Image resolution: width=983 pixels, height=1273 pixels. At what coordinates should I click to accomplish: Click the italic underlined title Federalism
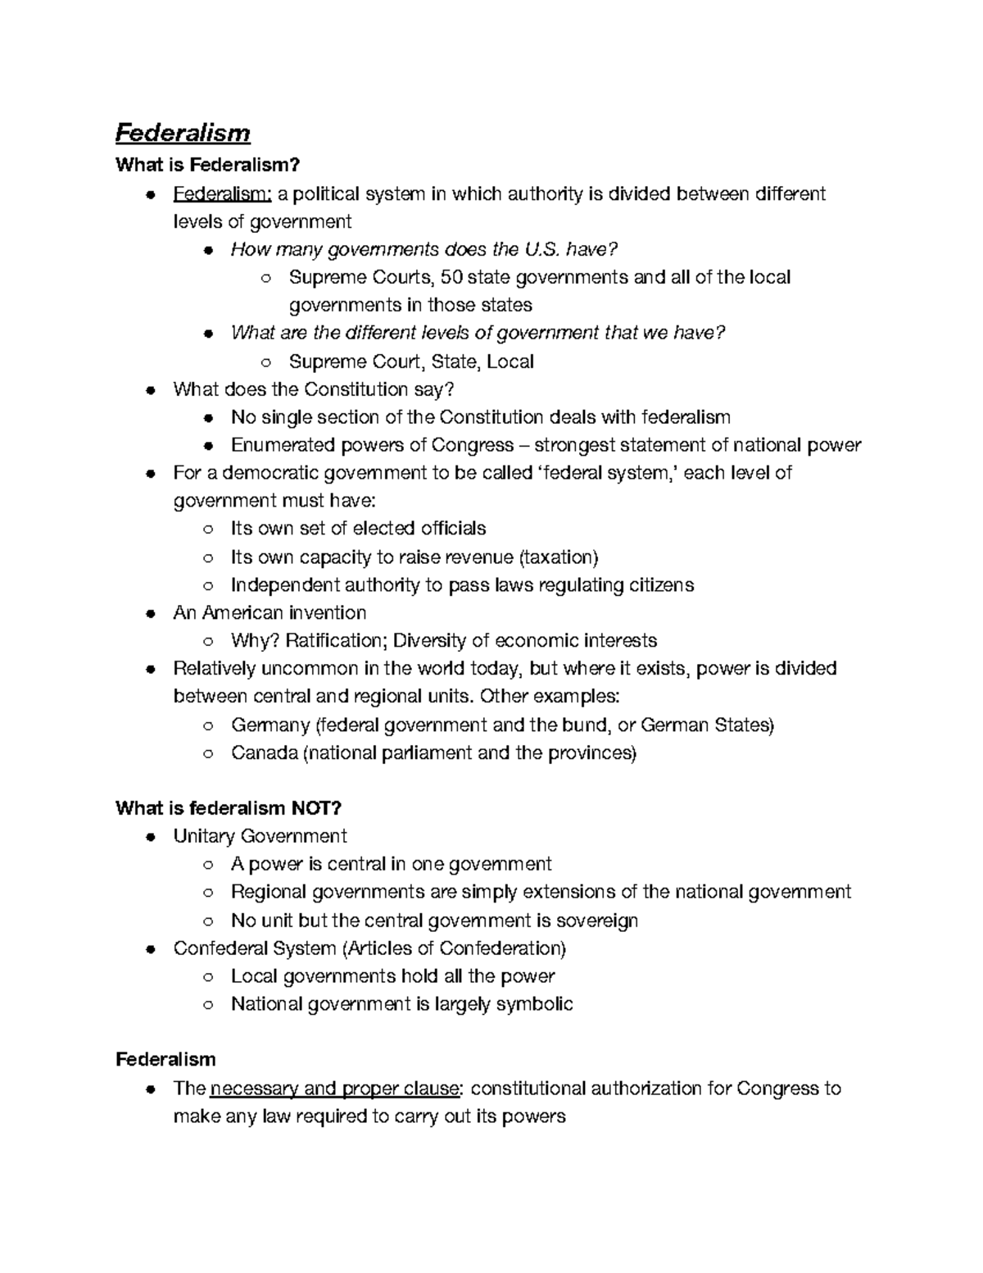point(182,133)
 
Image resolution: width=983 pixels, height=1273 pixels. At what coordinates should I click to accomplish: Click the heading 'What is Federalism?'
point(202,165)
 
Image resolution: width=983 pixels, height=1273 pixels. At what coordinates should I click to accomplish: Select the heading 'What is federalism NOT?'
point(229,808)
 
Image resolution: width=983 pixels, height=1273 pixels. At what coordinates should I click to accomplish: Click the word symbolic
point(538,1004)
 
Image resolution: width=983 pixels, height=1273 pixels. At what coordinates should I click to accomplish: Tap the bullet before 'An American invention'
point(150,613)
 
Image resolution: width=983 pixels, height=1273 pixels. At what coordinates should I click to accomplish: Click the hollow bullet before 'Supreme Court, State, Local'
point(265,362)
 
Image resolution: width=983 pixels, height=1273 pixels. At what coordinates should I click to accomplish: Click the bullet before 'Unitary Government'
point(150,837)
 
